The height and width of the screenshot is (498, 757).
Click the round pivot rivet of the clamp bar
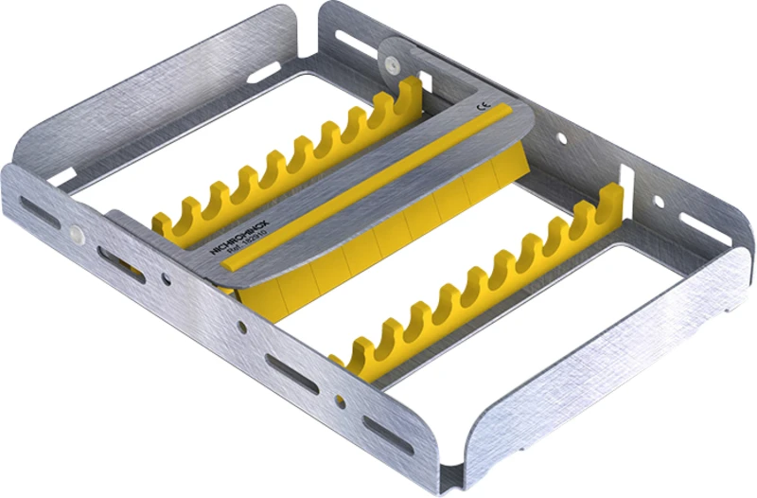389,62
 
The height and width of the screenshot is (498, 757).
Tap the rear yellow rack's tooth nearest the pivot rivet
410,94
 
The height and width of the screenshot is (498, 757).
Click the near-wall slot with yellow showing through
124,267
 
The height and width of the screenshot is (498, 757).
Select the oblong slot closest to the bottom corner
388,433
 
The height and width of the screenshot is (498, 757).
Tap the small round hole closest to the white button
166,279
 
